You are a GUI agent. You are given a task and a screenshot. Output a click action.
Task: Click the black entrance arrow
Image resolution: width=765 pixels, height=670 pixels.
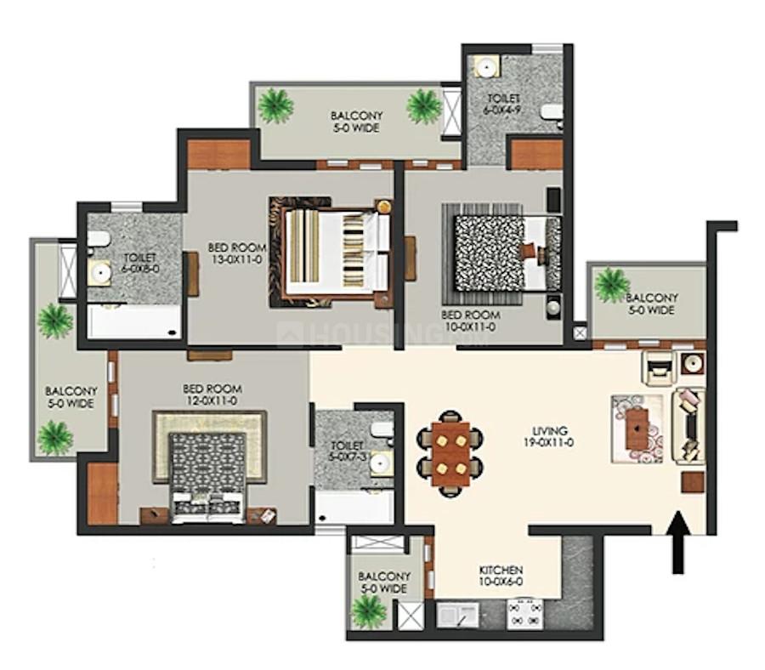678,542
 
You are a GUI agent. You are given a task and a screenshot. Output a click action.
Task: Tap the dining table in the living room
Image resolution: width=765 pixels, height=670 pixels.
450,454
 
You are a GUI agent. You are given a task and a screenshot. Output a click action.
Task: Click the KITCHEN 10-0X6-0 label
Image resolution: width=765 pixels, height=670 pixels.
501,576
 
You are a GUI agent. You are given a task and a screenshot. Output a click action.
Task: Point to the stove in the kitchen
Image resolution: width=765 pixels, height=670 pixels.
525,614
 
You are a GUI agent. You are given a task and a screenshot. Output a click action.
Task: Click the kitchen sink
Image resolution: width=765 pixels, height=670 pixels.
457,615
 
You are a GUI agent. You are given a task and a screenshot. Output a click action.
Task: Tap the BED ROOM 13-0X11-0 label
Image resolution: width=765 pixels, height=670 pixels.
237,253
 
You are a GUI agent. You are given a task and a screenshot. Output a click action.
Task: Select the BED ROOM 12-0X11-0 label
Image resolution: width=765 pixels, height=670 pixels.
212,395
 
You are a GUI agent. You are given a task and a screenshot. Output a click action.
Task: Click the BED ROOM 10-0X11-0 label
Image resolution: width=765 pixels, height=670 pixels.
470,321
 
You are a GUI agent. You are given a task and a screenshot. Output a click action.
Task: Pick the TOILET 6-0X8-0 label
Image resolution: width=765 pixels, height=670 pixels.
140,263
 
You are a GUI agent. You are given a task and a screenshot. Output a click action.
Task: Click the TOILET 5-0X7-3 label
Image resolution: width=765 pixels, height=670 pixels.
348,451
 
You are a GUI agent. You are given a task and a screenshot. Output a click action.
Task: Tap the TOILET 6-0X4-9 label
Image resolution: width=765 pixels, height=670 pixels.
501,104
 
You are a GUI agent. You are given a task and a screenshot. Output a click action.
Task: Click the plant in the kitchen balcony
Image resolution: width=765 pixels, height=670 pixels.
369,610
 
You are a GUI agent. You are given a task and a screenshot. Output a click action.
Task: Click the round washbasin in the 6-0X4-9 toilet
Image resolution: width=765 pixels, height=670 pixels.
486,66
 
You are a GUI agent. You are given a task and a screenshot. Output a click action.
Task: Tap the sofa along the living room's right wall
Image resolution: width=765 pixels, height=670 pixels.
688,424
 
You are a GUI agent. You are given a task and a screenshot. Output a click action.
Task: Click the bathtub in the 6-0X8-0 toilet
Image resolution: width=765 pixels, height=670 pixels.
134,321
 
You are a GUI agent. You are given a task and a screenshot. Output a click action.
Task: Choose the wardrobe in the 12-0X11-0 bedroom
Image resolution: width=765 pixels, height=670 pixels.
103,494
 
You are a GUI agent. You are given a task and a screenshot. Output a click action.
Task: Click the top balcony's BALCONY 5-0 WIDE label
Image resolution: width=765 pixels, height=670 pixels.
356,122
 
